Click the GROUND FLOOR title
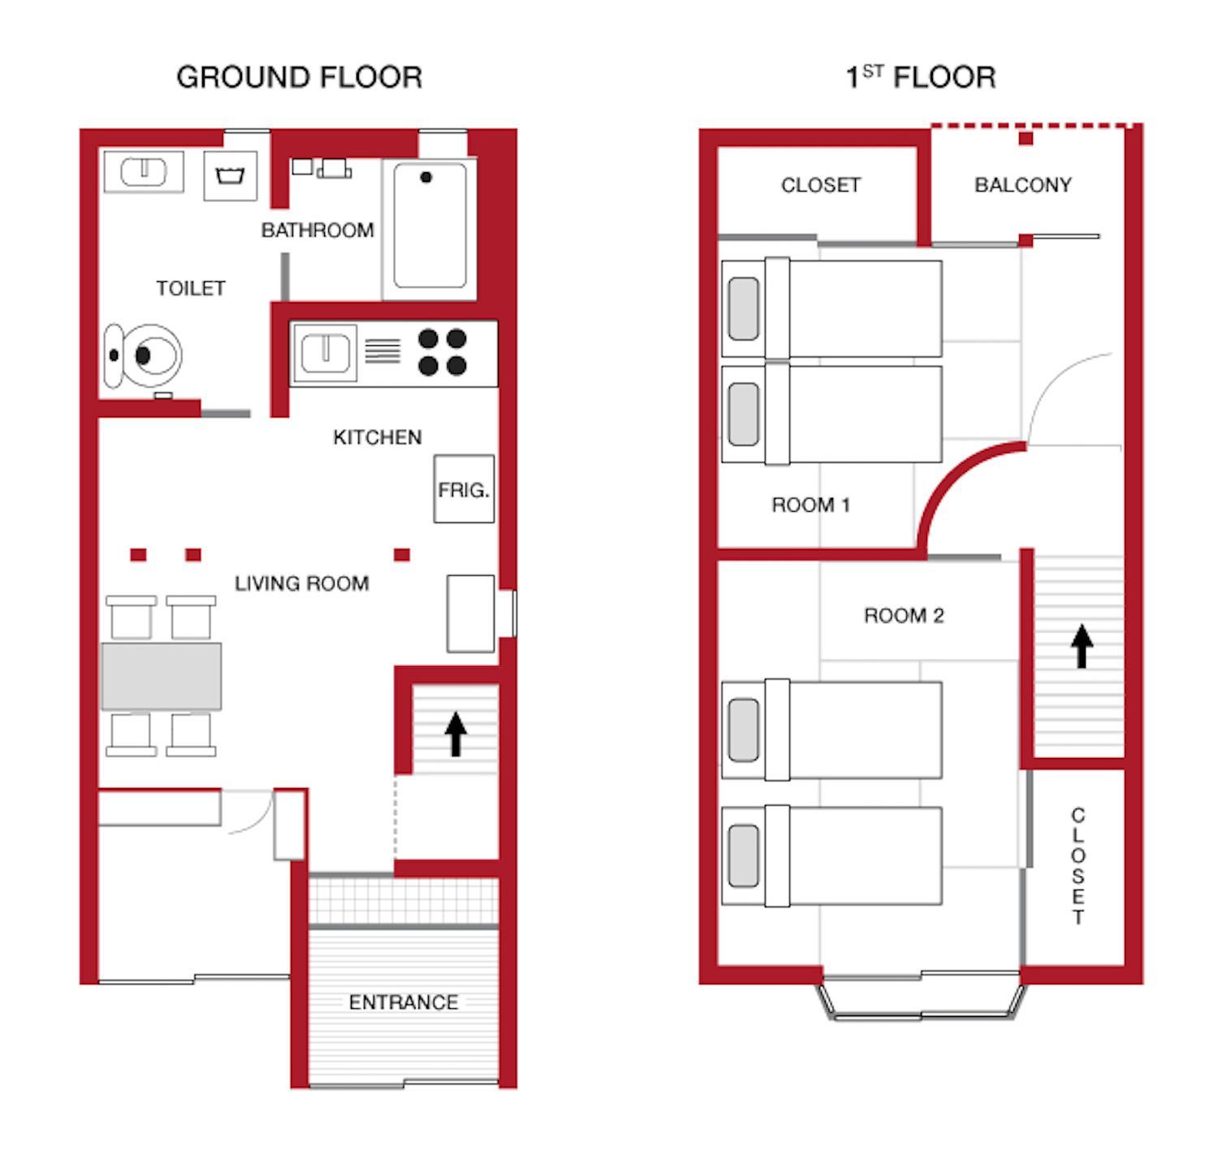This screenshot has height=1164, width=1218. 300,77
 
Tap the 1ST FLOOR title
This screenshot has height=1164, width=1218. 921,77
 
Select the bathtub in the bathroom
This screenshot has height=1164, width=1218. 430,226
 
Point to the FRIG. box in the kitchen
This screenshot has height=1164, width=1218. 464,489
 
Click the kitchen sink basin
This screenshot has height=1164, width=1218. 325,353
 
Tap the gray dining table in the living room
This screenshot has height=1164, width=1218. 161,677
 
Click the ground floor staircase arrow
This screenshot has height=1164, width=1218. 456,733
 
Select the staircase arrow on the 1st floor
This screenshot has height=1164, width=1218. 1082,646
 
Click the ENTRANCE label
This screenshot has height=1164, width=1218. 404,1002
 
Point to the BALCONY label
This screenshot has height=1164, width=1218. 1023,185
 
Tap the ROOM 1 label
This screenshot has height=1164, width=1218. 810,505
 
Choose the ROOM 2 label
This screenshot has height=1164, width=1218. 904,616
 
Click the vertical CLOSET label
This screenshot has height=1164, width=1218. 1078,866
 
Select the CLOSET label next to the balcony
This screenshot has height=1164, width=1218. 820,185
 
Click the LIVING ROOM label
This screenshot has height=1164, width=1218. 302,583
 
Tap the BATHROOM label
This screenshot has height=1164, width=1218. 317,231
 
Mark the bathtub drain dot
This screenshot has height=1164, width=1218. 426,177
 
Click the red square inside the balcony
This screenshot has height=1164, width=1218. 1026,139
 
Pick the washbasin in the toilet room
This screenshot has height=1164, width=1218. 144,171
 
